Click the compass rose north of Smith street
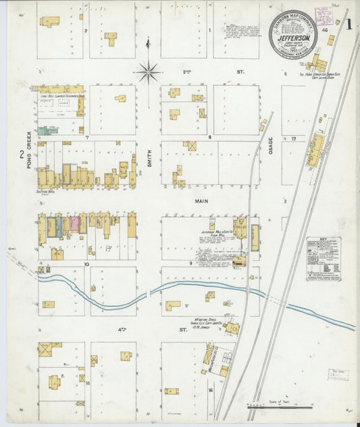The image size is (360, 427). (148, 70)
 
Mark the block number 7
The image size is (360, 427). (87, 137)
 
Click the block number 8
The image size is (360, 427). (209, 137)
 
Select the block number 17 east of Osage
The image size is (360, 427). (293, 139)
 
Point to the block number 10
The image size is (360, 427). (86, 263)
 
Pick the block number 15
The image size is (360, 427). (87, 383)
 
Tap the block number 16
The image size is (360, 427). (210, 390)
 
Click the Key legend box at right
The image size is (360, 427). (324, 259)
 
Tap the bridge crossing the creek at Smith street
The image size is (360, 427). (147, 294)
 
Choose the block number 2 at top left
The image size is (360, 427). (86, 31)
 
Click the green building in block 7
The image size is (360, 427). (47, 130)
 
